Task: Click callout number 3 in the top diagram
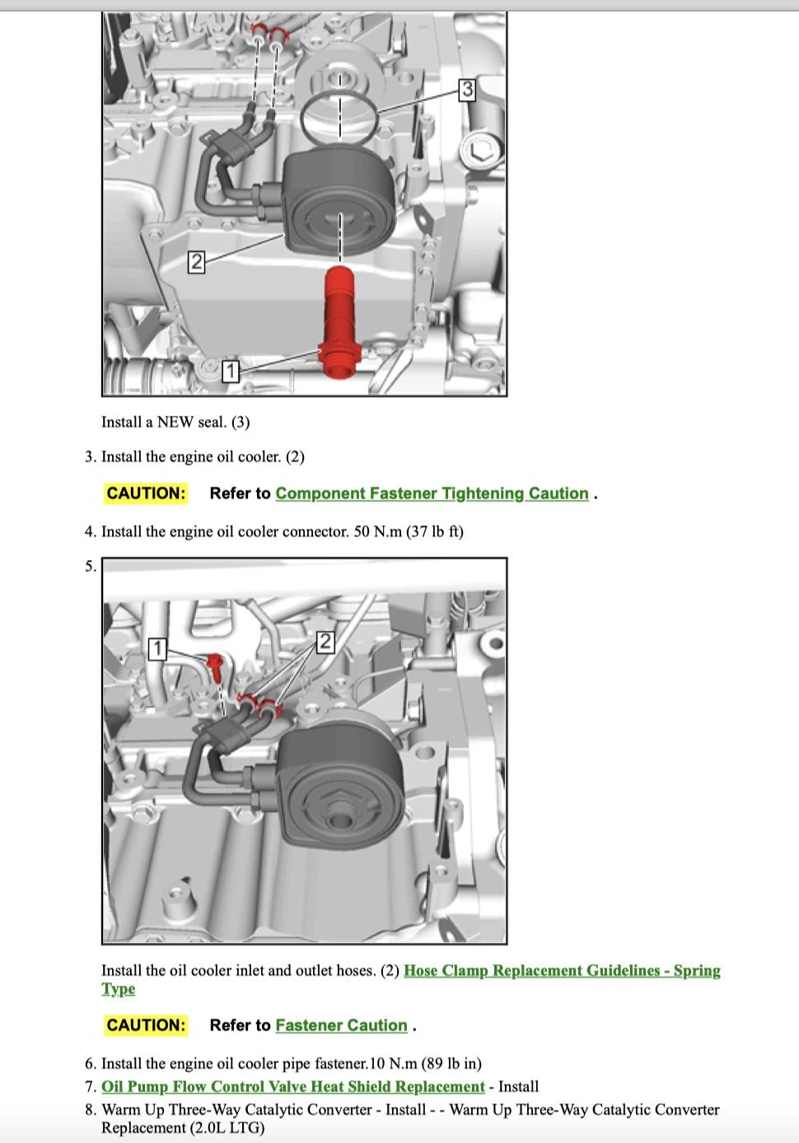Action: pos(467,89)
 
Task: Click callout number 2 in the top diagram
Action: pos(196,262)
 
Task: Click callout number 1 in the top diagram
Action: pos(231,371)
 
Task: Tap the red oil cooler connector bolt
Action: pos(339,323)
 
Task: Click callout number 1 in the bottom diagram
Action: pos(158,649)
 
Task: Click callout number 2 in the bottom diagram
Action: pos(325,642)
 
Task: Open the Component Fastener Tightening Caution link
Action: pos(432,493)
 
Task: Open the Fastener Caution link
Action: pos(342,1025)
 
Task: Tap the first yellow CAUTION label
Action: pos(146,493)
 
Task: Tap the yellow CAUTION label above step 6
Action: pos(146,1025)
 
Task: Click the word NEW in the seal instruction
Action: pos(175,422)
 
